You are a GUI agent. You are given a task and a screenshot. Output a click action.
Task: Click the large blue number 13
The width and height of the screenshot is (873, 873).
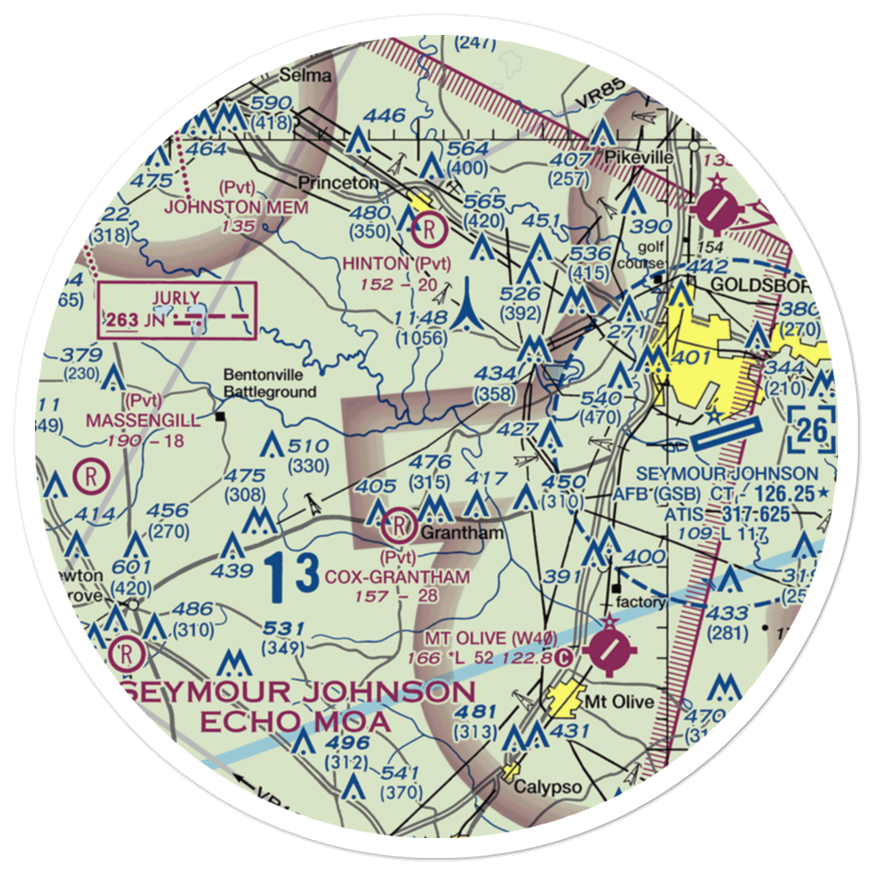tap(292, 577)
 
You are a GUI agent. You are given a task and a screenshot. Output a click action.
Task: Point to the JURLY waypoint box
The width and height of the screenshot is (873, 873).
tap(178, 310)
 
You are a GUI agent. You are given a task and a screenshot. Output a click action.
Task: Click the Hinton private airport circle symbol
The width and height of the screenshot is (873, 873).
tap(430, 231)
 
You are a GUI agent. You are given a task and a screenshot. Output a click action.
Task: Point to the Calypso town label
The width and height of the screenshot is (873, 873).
tap(547, 787)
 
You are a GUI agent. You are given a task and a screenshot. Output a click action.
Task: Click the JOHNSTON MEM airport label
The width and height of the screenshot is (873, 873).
tap(237, 207)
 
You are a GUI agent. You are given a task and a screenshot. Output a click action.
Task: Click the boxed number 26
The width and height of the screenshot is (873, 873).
tap(812, 430)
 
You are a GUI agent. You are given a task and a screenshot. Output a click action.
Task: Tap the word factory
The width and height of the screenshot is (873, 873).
tap(641, 601)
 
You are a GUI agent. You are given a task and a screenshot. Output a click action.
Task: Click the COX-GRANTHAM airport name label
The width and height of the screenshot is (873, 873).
tap(397, 577)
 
